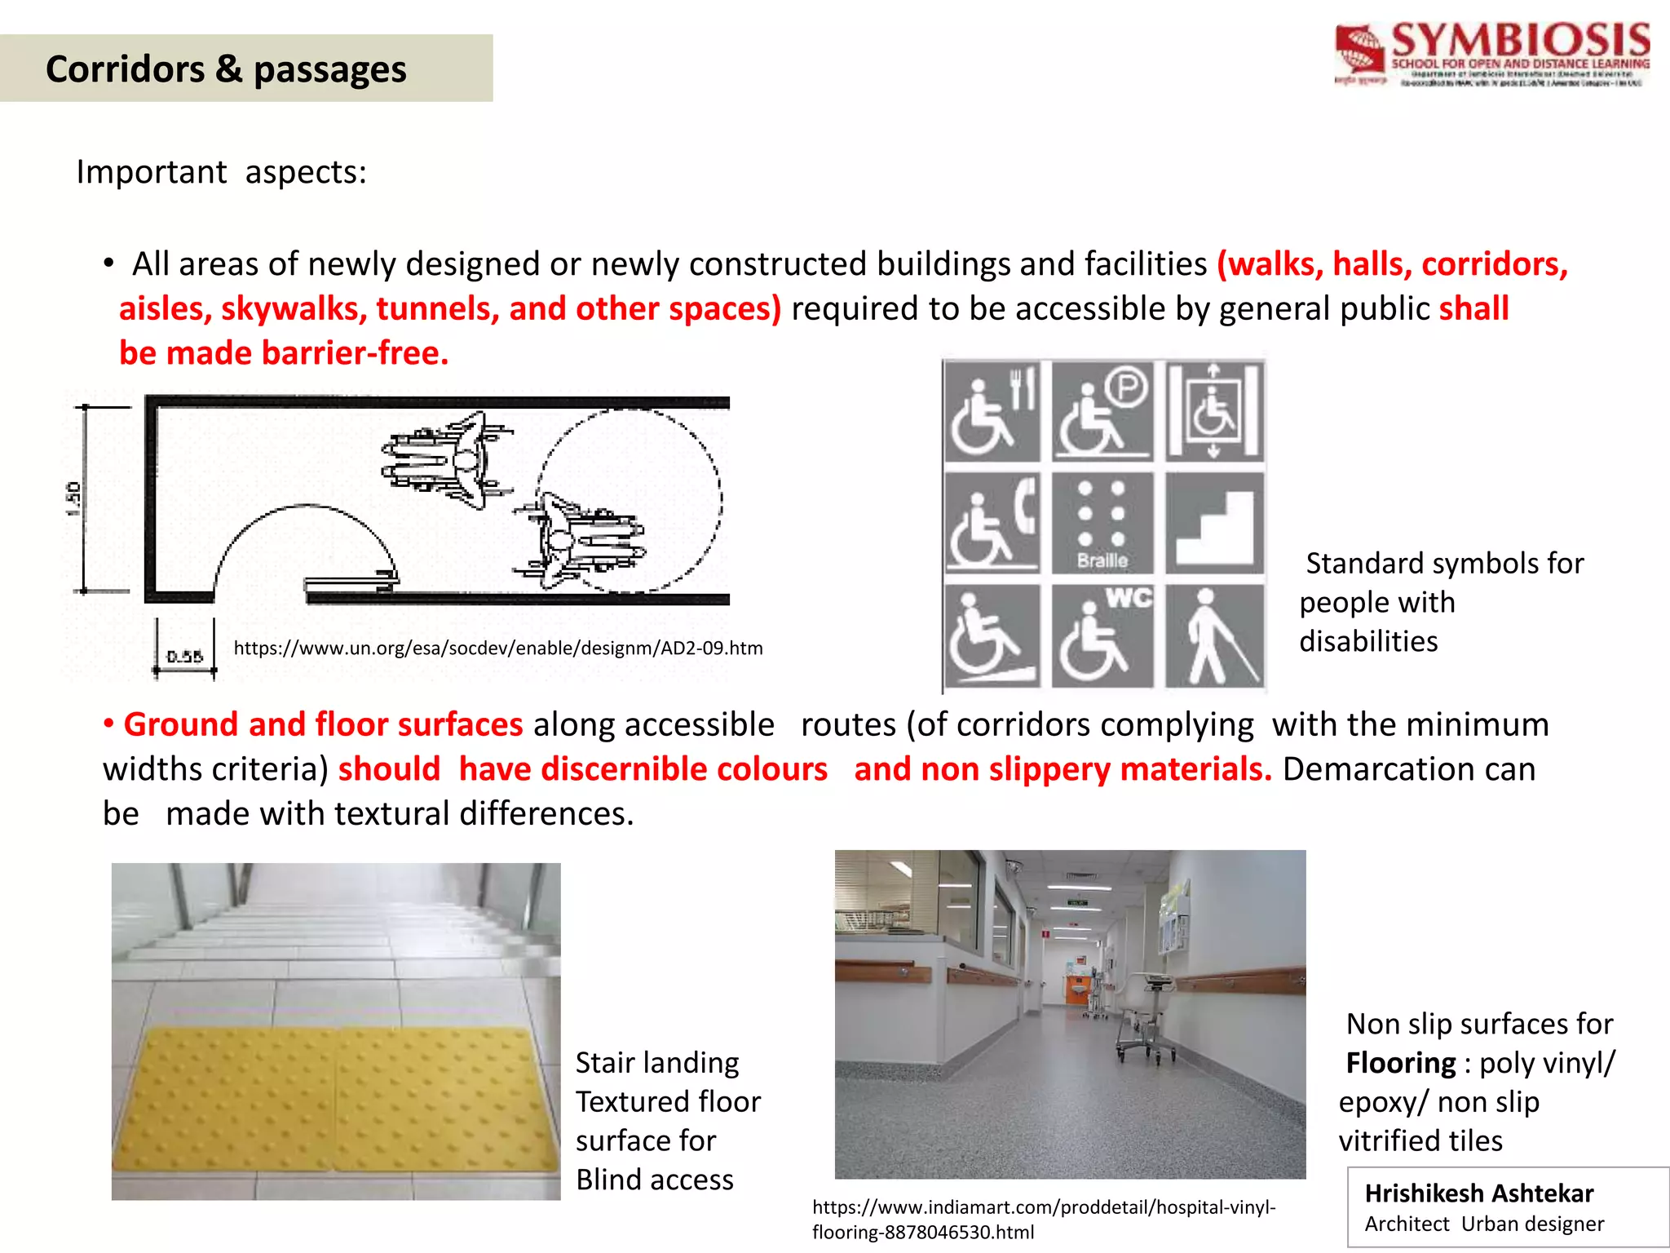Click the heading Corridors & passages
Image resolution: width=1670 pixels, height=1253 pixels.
[x=226, y=69]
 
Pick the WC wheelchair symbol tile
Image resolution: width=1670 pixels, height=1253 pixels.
[x=1102, y=636]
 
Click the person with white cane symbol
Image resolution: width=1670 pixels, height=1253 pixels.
[x=1214, y=636]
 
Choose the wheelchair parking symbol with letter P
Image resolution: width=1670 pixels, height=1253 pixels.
[x=1102, y=411]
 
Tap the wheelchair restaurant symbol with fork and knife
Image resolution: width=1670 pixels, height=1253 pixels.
[x=992, y=411]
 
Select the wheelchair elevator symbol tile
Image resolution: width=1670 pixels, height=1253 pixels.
[x=1214, y=411]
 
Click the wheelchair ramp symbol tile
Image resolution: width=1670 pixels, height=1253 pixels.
[x=992, y=636]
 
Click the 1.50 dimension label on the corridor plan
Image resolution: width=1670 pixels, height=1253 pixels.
[x=73, y=498]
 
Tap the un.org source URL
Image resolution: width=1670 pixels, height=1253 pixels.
[x=498, y=649]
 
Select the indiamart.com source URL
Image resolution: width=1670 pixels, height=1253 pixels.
[x=1044, y=1220]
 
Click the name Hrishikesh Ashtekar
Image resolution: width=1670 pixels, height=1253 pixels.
[x=1478, y=1193]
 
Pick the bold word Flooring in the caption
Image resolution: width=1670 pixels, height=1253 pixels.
[x=1400, y=1064]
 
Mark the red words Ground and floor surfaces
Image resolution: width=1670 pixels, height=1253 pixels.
[x=323, y=724]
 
